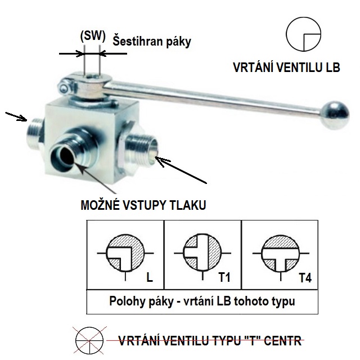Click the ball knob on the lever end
point(335,115)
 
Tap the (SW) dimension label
point(93,36)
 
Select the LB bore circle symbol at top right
point(303,34)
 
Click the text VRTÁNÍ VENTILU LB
point(286,67)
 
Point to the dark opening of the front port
point(66,159)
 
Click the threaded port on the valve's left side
point(34,133)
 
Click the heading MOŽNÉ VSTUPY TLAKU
point(143,205)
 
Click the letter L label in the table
point(150,277)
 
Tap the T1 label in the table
point(224,277)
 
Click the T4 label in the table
point(305,278)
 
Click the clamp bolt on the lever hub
point(64,88)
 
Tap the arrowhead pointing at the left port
point(23,118)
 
